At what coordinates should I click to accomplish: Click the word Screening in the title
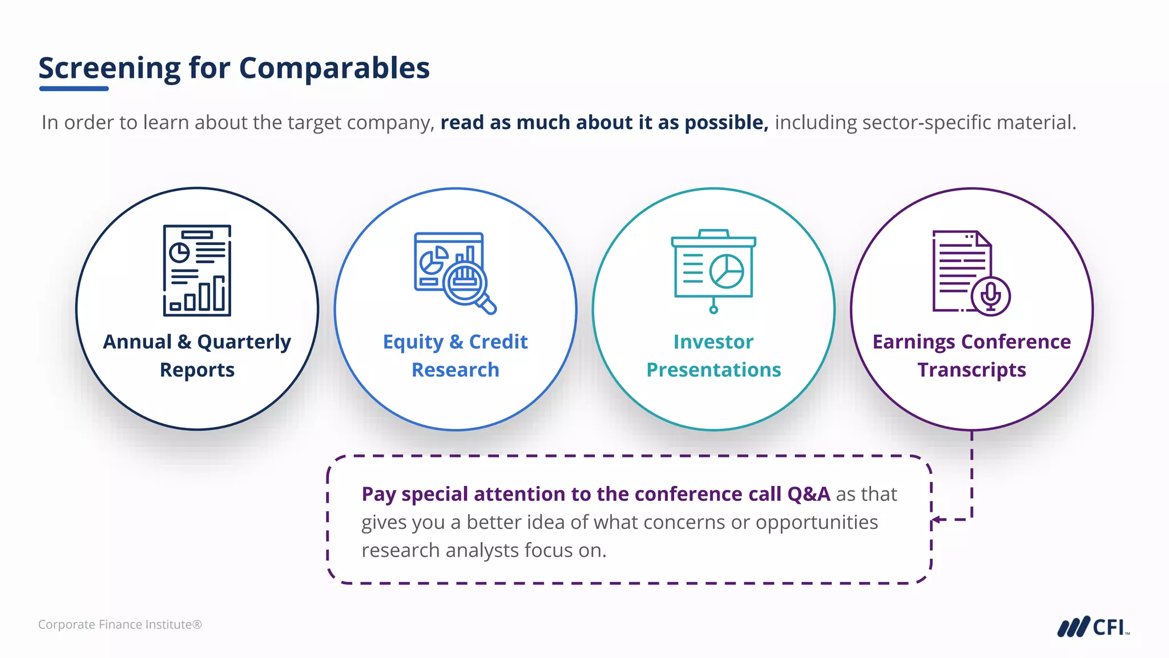coord(109,69)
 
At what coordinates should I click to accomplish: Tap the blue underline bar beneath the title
coord(74,89)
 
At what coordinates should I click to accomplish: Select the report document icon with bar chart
coord(197,270)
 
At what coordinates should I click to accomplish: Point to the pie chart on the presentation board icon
coord(727,271)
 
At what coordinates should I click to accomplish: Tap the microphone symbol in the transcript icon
coord(990,296)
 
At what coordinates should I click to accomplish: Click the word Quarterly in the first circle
coord(244,342)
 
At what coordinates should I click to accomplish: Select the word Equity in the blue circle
coord(413,342)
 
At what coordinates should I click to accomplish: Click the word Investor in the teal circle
coord(714,342)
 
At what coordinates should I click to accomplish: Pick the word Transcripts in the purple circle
coord(972,370)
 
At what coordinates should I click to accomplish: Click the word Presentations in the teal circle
coord(714,370)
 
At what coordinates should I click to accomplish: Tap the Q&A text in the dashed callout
coord(808,494)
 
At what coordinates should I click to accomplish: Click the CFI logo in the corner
coord(1093,627)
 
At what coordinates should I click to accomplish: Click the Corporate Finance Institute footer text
coord(120,625)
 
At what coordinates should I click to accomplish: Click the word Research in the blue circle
coord(455,370)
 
